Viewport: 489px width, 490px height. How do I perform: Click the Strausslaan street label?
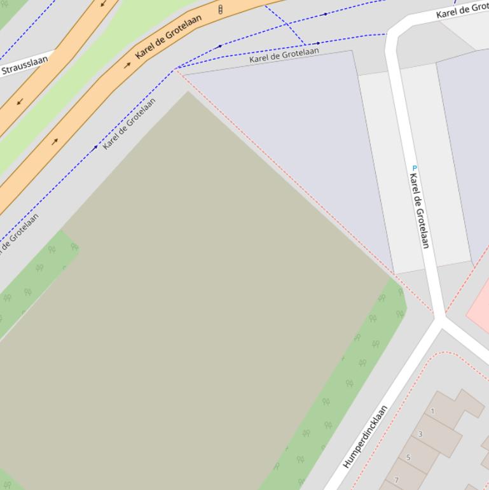click(24, 66)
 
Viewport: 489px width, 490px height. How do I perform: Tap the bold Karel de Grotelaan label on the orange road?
click(169, 36)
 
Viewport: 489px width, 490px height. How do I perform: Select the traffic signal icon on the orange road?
click(220, 10)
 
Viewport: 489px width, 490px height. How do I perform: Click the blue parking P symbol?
click(415, 168)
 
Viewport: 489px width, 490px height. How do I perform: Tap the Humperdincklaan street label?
click(366, 437)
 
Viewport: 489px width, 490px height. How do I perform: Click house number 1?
click(433, 411)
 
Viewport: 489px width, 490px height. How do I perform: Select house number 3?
click(420, 434)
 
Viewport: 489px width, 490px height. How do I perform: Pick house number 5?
click(408, 457)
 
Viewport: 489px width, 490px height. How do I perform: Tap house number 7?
click(396, 480)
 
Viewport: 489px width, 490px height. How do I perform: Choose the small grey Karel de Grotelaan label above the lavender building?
click(284, 55)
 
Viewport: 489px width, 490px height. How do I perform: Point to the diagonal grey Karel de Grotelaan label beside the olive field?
click(129, 123)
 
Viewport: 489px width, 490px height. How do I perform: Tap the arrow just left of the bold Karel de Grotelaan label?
click(127, 65)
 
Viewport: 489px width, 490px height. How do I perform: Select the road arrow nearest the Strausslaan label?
click(20, 102)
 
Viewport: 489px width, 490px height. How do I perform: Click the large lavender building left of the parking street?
click(293, 140)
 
